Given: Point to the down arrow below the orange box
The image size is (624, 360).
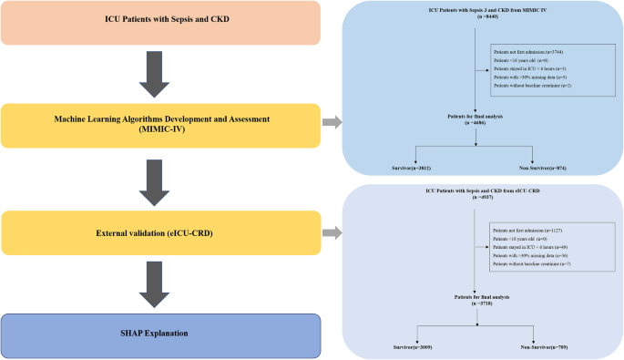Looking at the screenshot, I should point(157,73).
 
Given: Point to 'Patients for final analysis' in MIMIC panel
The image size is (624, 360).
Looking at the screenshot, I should point(476,119).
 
